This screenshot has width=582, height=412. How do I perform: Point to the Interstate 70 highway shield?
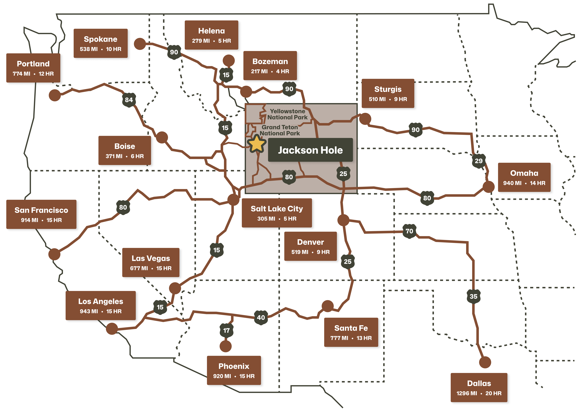(x=409, y=231)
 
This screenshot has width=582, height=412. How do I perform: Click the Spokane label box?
(x=101, y=43)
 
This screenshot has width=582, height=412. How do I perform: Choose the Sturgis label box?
(x=388, y=93)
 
